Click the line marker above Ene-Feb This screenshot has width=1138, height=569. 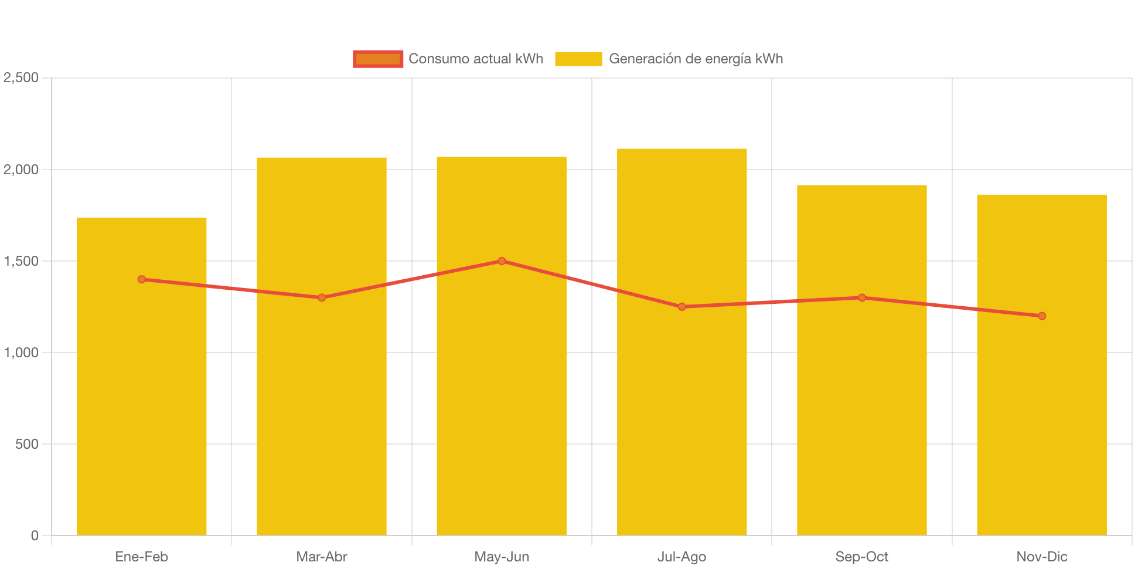pos(142,279)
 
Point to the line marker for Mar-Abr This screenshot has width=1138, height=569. pos(322,297)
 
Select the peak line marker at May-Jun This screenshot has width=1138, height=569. pos(502,261)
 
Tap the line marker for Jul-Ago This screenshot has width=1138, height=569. pos(682,307)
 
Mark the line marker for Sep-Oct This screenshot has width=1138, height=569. pos(862,297)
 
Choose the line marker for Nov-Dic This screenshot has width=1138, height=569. pos(1042,316)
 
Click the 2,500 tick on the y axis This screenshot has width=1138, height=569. pos(21,77)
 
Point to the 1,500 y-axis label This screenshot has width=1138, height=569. pos(21,261)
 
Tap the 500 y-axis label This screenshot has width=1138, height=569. pos(27,444)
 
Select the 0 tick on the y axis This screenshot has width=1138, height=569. pos(35,536)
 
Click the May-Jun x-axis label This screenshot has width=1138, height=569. pos(502,557)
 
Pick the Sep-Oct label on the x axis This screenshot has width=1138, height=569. pos(861,557)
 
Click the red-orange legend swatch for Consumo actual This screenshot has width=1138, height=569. pos(378,59)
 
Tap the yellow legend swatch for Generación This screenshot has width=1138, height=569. pos(578,59)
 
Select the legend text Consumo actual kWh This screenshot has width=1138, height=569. pos(476,59)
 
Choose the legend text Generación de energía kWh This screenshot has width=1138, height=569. pos(696,59)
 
